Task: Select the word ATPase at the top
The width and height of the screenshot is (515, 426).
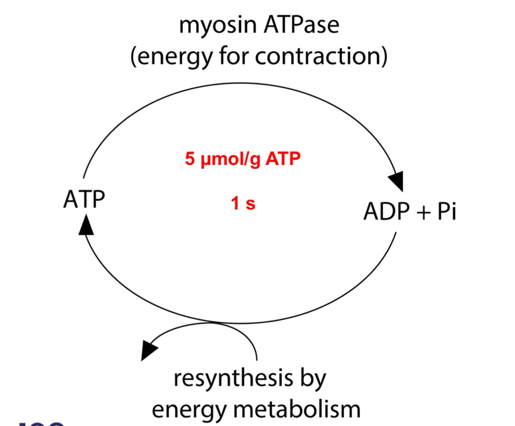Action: click(302, 25)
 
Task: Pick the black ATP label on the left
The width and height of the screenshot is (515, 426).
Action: click(84, 199)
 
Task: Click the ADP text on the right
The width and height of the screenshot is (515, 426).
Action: click(387, 211)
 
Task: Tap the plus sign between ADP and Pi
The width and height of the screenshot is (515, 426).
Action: click(424, 212)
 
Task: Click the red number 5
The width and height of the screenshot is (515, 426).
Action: click(190, 158)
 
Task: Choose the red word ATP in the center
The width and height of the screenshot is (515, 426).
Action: click(283, 158)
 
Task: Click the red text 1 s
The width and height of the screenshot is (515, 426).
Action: click(243, 203)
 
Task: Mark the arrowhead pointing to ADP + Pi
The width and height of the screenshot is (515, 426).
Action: click(397, 180)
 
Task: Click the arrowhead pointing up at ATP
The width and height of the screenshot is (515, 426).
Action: click(86, 225)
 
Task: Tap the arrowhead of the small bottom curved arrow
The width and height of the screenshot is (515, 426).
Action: click(148, 349)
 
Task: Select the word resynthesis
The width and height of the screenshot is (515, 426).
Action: click(233, 379)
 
